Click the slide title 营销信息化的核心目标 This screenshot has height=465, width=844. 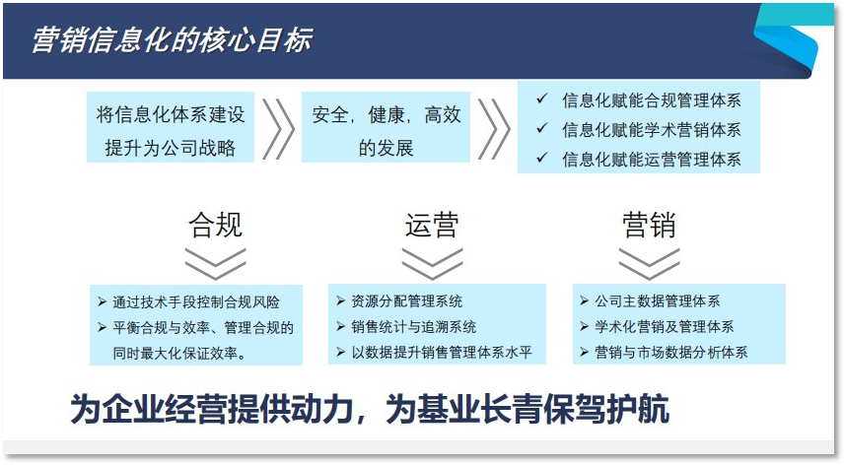172,39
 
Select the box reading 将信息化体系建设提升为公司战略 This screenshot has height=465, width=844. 171,130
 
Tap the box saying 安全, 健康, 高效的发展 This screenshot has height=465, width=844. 387,130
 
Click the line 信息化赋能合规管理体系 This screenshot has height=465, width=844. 651,100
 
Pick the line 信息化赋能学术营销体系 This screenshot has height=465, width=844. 651,129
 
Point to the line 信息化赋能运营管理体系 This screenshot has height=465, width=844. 651,159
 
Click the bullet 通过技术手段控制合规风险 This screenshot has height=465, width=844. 196,302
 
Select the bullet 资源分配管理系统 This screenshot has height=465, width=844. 407,300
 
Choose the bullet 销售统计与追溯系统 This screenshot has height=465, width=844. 414,326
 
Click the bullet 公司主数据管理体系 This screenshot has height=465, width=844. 658,300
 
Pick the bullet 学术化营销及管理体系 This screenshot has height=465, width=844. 664,326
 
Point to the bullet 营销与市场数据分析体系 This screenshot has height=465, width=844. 670,352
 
